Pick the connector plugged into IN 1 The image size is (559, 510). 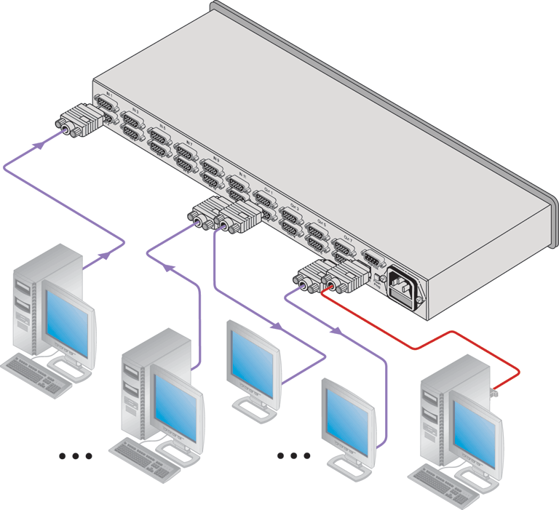tap(79, 119)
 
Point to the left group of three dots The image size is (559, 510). tap(76, 457)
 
